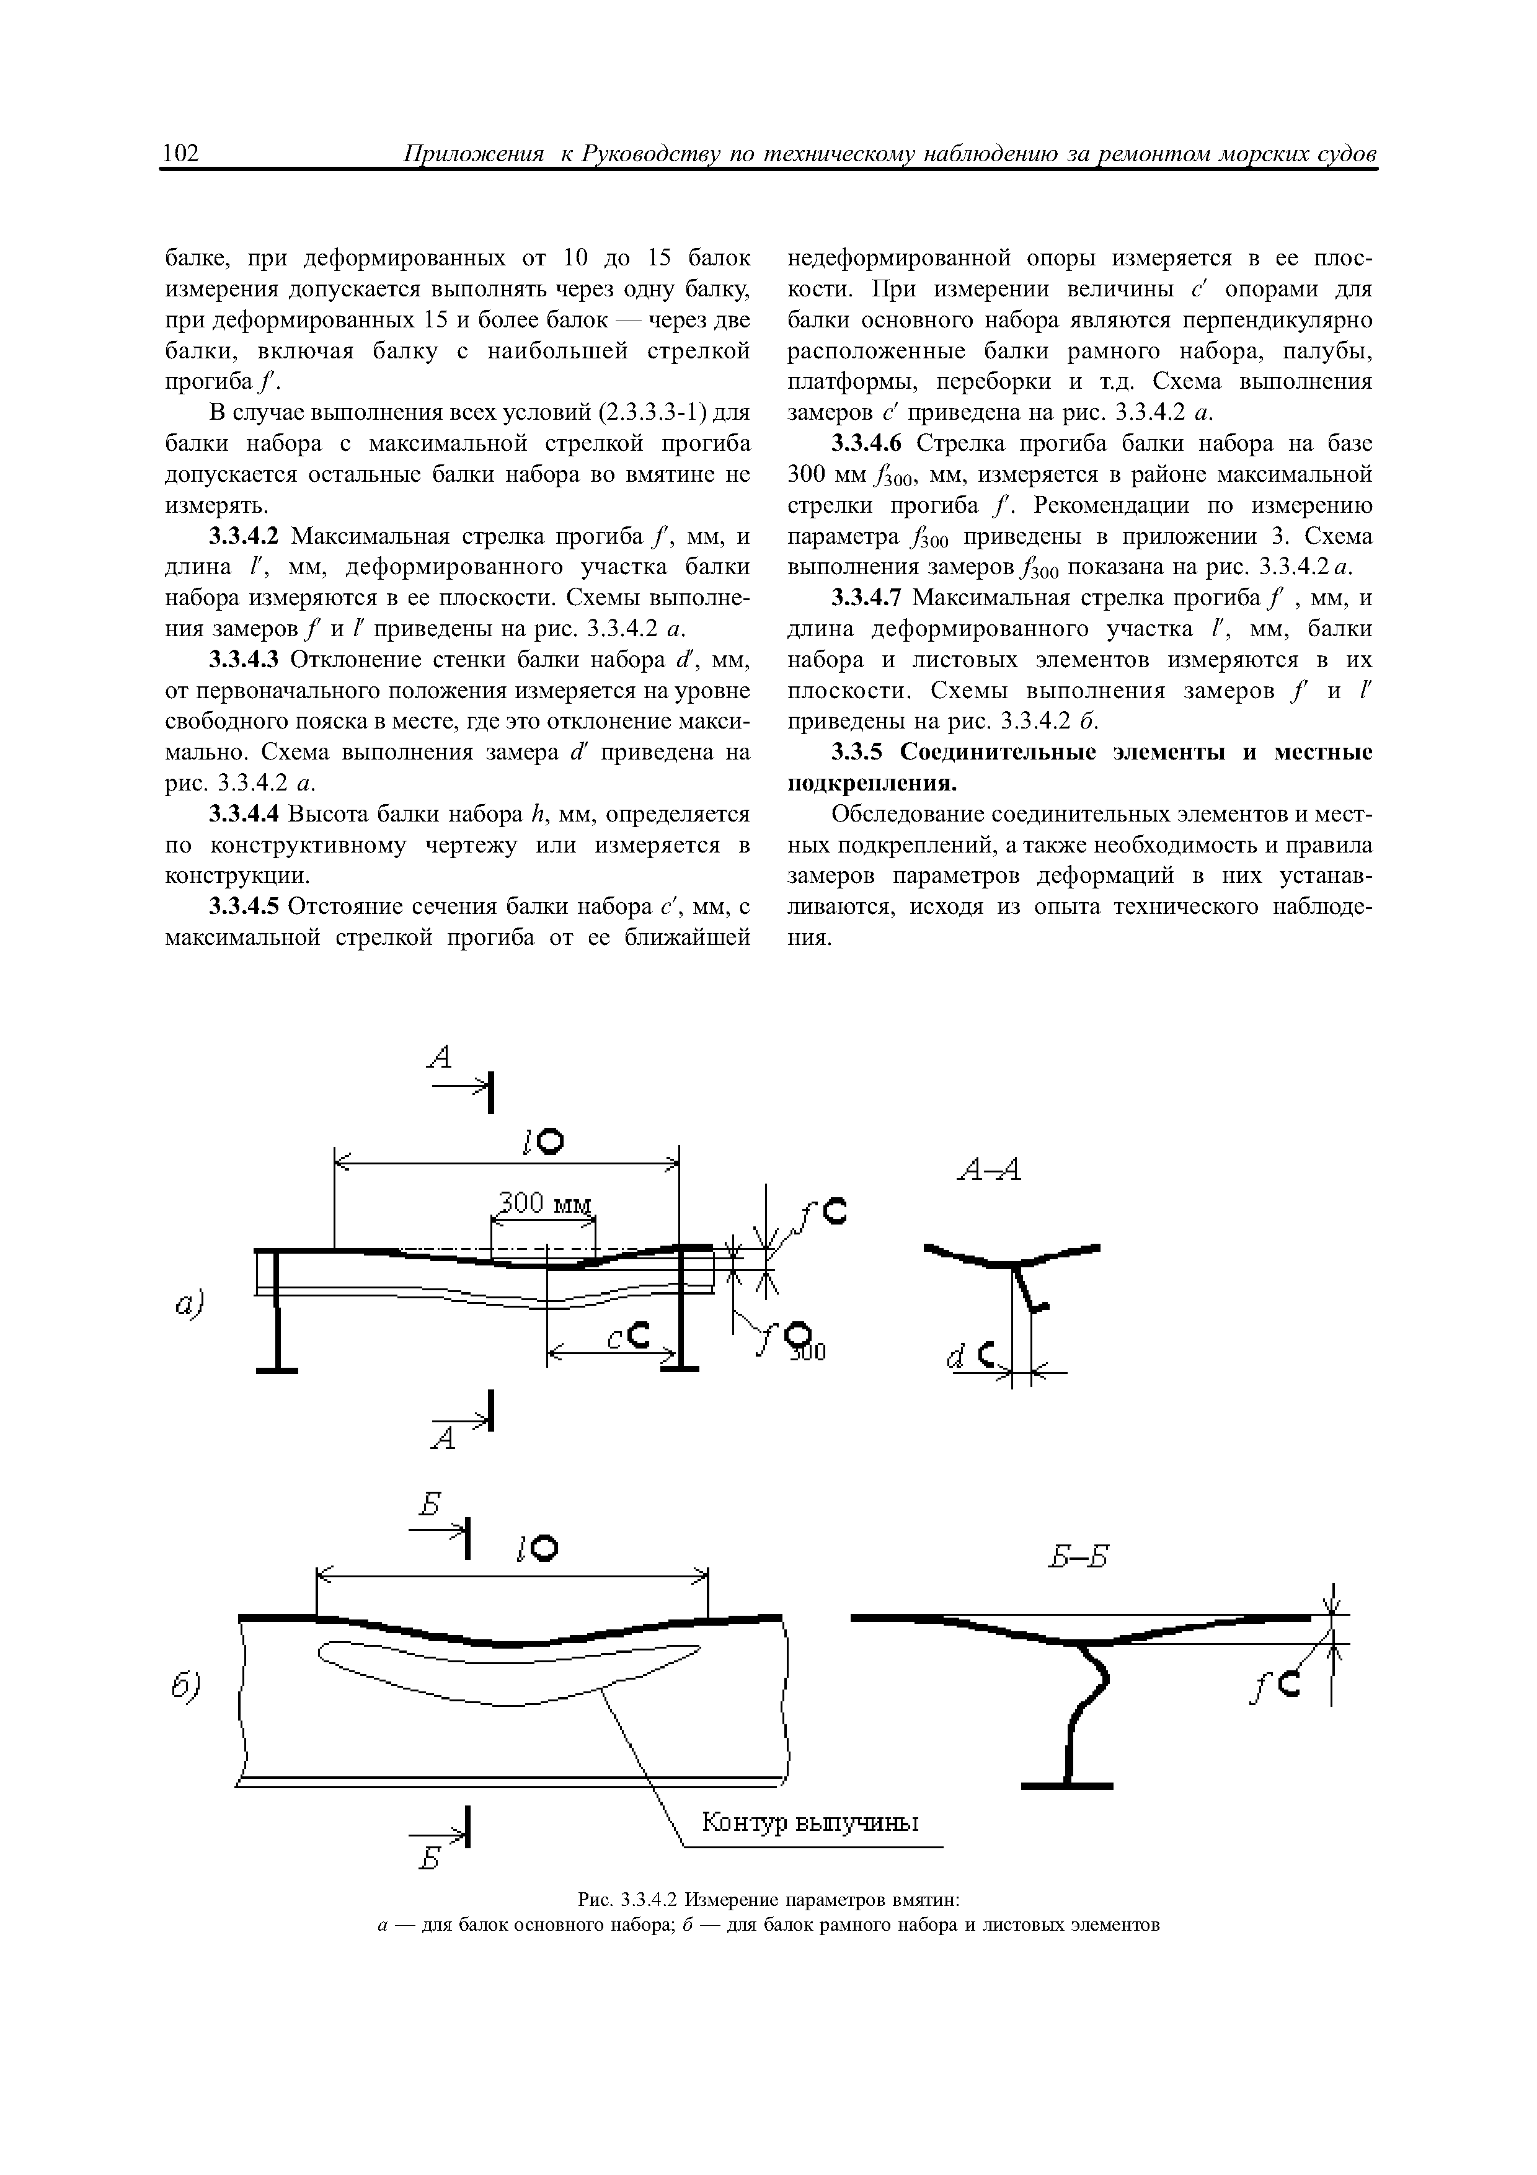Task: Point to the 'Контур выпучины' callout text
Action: pos(810,1823)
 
